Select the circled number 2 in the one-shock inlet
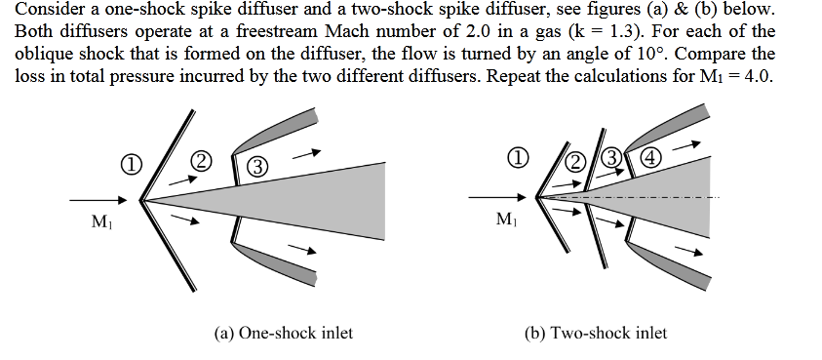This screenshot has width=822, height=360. (200, 160)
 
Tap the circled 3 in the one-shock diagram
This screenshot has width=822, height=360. (258, 164)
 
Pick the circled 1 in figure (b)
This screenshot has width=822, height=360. (522, 156)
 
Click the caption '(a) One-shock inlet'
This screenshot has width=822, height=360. (283, 334)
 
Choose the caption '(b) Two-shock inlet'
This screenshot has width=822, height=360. (596, 334)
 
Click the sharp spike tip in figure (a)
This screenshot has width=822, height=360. (142, 202)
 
